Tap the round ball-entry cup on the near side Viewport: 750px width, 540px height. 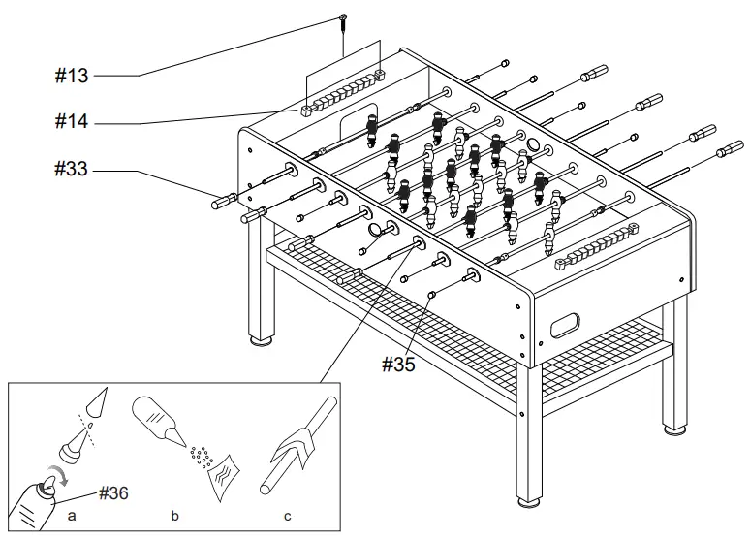(x=380, y=229)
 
